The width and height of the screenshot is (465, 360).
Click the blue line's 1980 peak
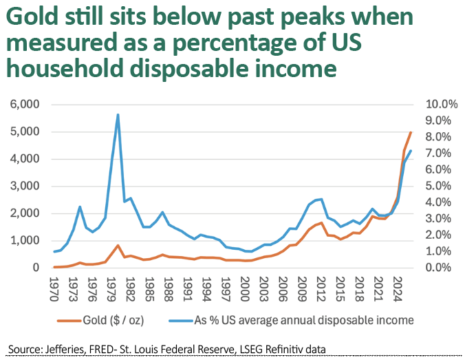118,115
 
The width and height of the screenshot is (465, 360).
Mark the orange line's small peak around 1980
118,246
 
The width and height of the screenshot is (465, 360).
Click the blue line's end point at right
411,151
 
